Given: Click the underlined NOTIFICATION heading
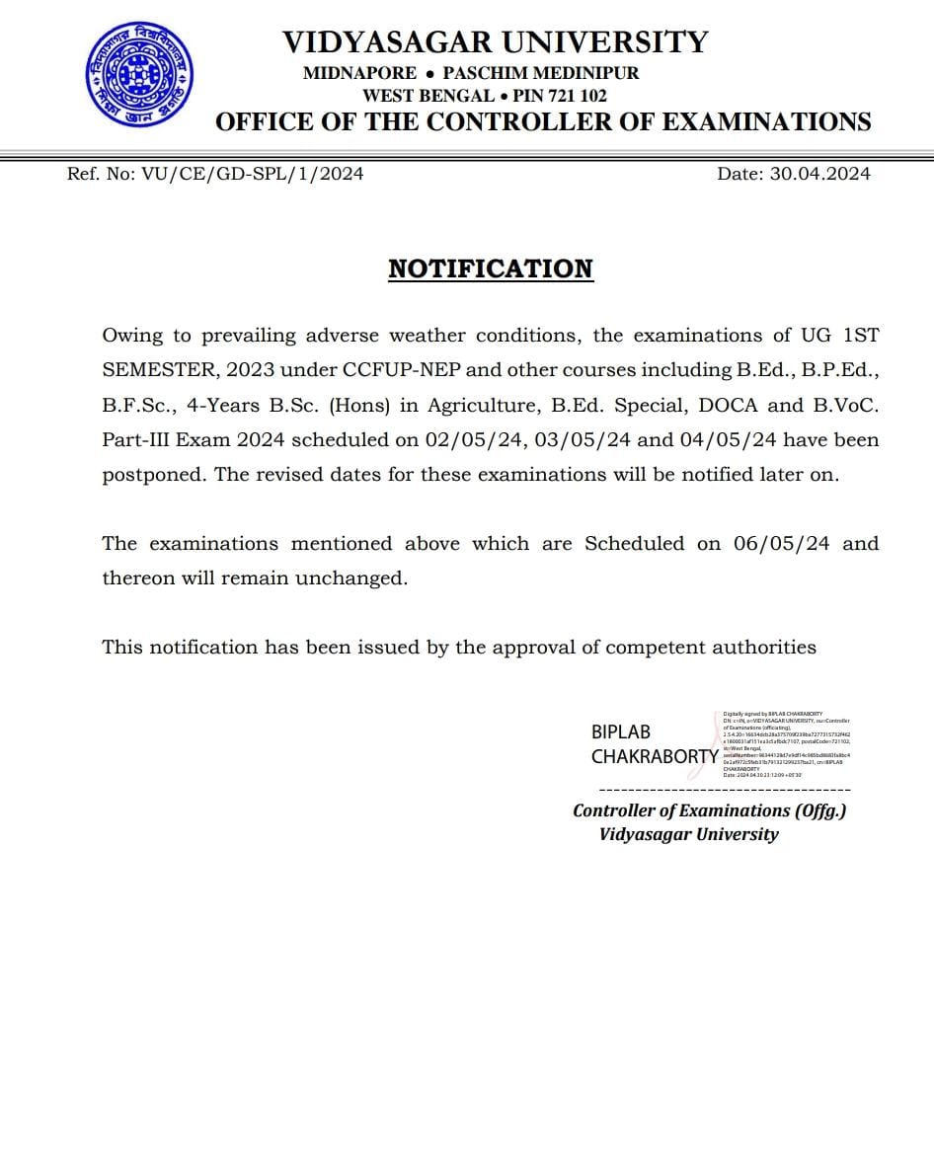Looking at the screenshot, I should coord(491,269).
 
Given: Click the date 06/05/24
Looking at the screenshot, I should coord(782,543).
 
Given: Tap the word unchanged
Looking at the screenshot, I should coord(356,577).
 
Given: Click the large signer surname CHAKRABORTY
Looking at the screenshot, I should coord(655,757).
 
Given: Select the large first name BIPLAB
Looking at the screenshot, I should coord(621,732).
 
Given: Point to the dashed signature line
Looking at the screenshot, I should coord(725,790).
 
